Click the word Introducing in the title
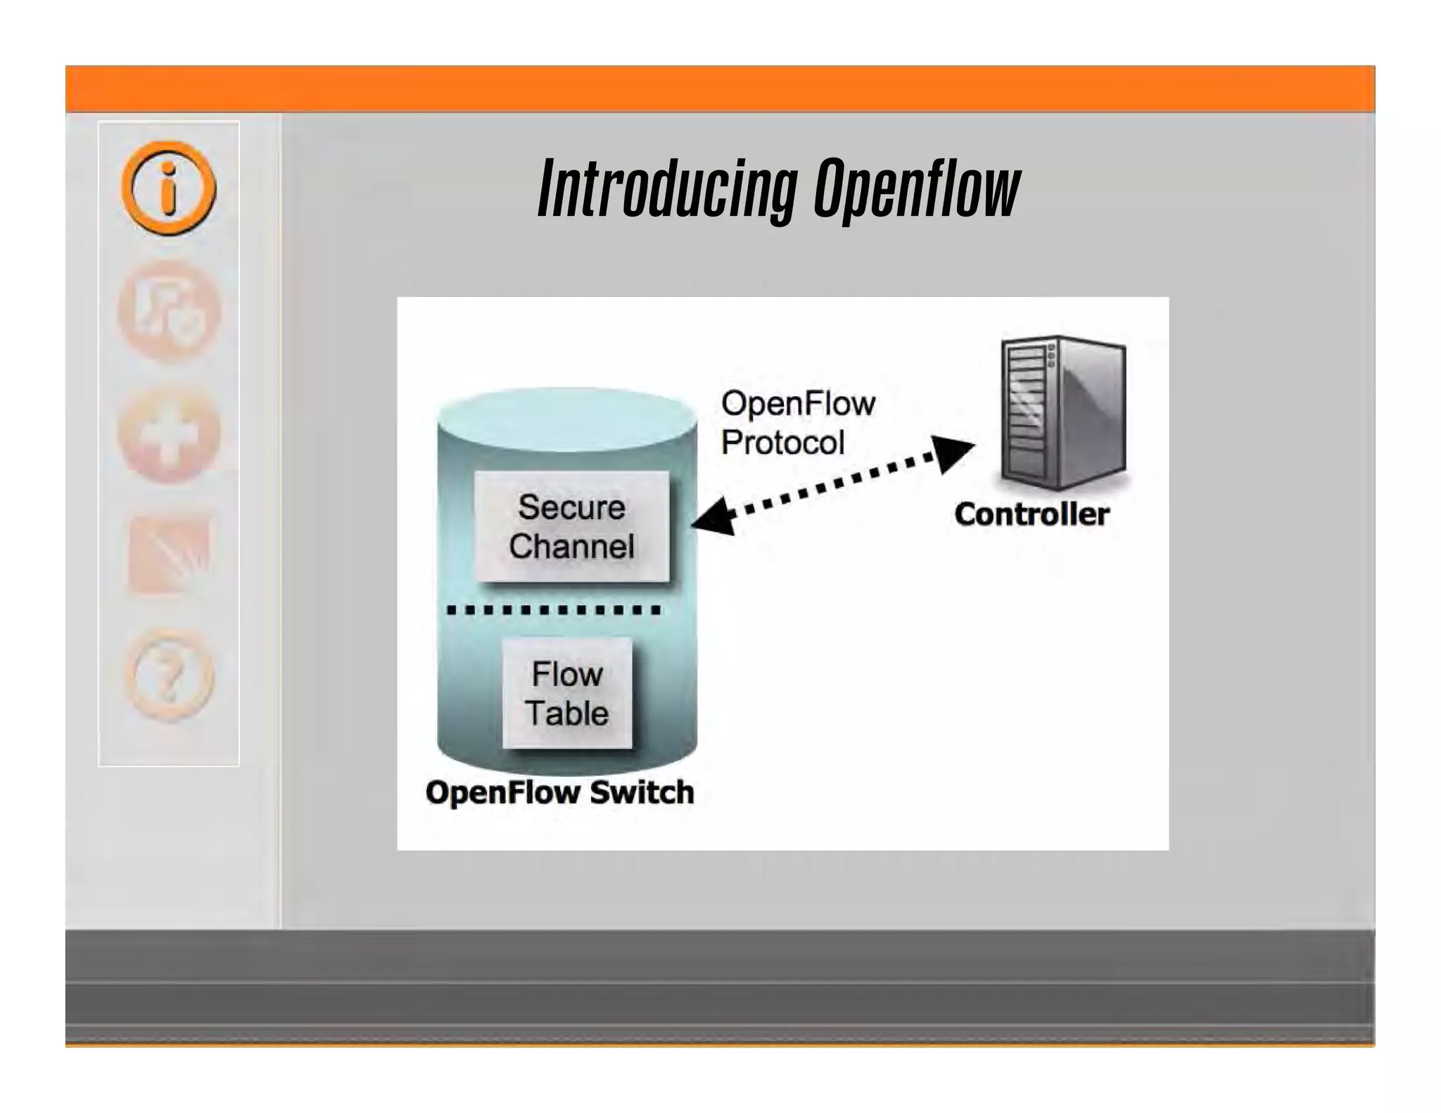(667, 189)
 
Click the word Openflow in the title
(917, 189)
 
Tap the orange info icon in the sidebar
(168, 188)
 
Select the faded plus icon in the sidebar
(168, 435)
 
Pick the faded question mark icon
(169, 675)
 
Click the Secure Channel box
(571, 526)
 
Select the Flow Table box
(567, 693)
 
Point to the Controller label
(1031, 514)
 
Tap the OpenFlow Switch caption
(559, 792)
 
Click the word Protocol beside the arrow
(782, 443)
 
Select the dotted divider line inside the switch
(554, 610)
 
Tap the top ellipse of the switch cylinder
(567, 419)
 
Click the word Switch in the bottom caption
(642, 792)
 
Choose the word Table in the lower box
(567, 713)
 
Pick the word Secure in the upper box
(571, 507)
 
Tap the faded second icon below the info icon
(168, 310)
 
